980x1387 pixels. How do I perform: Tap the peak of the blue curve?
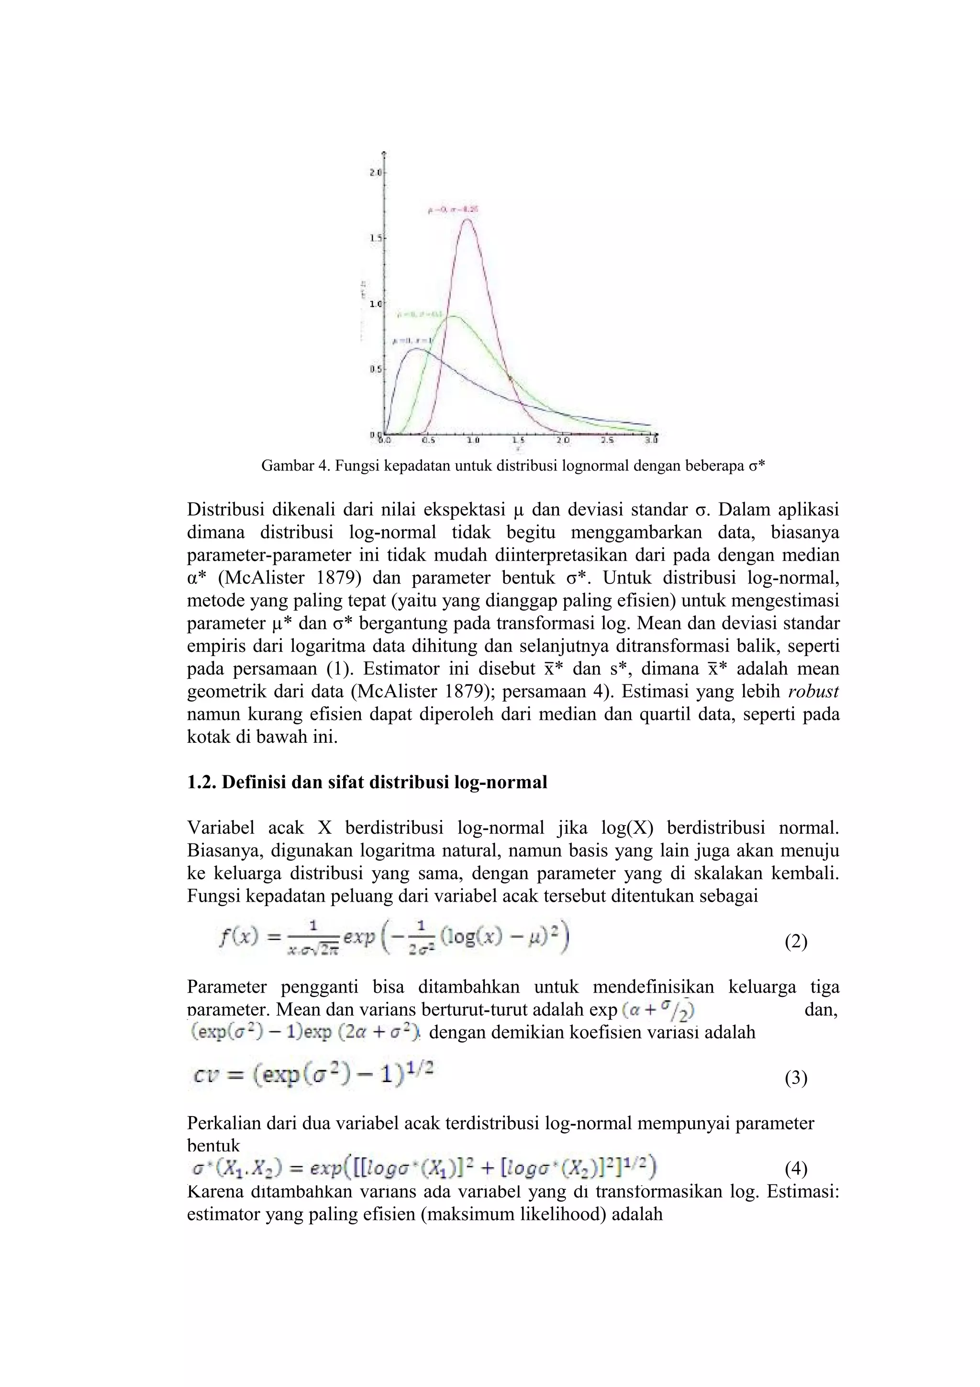(x=417, y=348)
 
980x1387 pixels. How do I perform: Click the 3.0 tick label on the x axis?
(x=651, y=440)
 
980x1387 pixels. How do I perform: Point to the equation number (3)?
(x=796, y=1078)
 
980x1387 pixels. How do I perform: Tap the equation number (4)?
(x=796, y=1170)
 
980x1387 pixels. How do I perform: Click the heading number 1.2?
(x=201, y=783)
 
